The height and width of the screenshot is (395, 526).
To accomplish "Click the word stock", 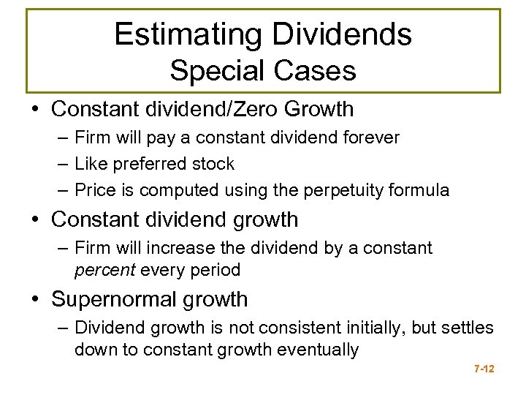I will [x=212, y=164].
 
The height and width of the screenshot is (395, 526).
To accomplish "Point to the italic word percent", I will [x=105, y=270].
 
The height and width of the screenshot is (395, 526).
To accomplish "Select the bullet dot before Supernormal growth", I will [x=40, y=299].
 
